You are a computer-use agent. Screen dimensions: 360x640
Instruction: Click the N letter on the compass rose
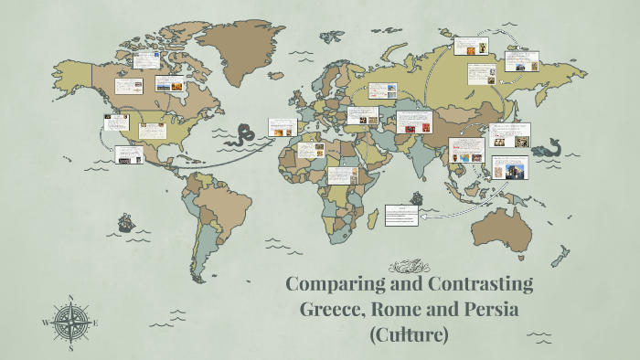(x=70, y=297)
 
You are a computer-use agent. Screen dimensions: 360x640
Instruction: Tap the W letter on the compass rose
(x=46, y=323)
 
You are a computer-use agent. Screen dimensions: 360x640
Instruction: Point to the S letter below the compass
(x=70, y=348)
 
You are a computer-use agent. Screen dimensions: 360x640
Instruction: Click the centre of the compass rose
(x=70, y=323)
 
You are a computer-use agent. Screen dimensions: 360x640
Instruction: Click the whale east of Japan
(x=545, y=147)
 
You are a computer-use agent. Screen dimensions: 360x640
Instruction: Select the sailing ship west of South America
(x=125, y=222)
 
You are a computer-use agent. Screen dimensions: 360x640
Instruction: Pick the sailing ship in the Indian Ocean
(x=417, y=196)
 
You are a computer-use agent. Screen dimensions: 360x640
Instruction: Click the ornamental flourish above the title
(x=409, y=266)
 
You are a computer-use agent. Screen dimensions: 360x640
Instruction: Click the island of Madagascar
(x=371, y=219)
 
